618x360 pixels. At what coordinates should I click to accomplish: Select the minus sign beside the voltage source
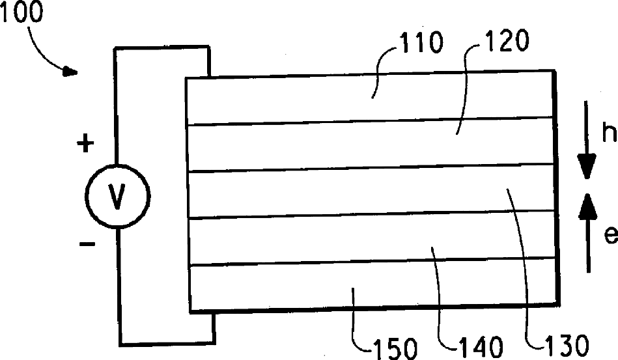(x=87, y=245)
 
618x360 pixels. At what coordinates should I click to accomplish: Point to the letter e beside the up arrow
(x=610, y=235)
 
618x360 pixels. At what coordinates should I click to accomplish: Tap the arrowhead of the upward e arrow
(x=587, y=203)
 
